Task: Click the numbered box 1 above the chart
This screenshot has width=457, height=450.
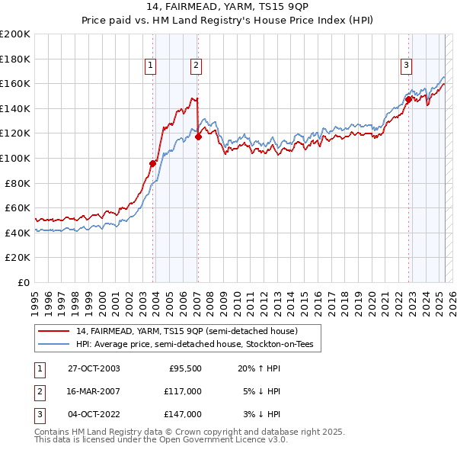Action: coord(151,66)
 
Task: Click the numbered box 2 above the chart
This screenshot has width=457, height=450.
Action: coord(196,66)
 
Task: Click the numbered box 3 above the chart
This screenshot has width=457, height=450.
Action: coord(407,66)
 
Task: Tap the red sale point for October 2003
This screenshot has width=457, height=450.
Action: coord(153,163)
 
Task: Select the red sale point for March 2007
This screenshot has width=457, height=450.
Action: coord(198,137)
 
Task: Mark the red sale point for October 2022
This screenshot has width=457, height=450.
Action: coord(409,99)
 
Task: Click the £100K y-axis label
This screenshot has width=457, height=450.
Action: coord(14,158)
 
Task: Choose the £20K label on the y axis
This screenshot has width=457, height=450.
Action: coord(18,258)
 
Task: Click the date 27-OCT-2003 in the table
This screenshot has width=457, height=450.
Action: coord(94,368)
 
